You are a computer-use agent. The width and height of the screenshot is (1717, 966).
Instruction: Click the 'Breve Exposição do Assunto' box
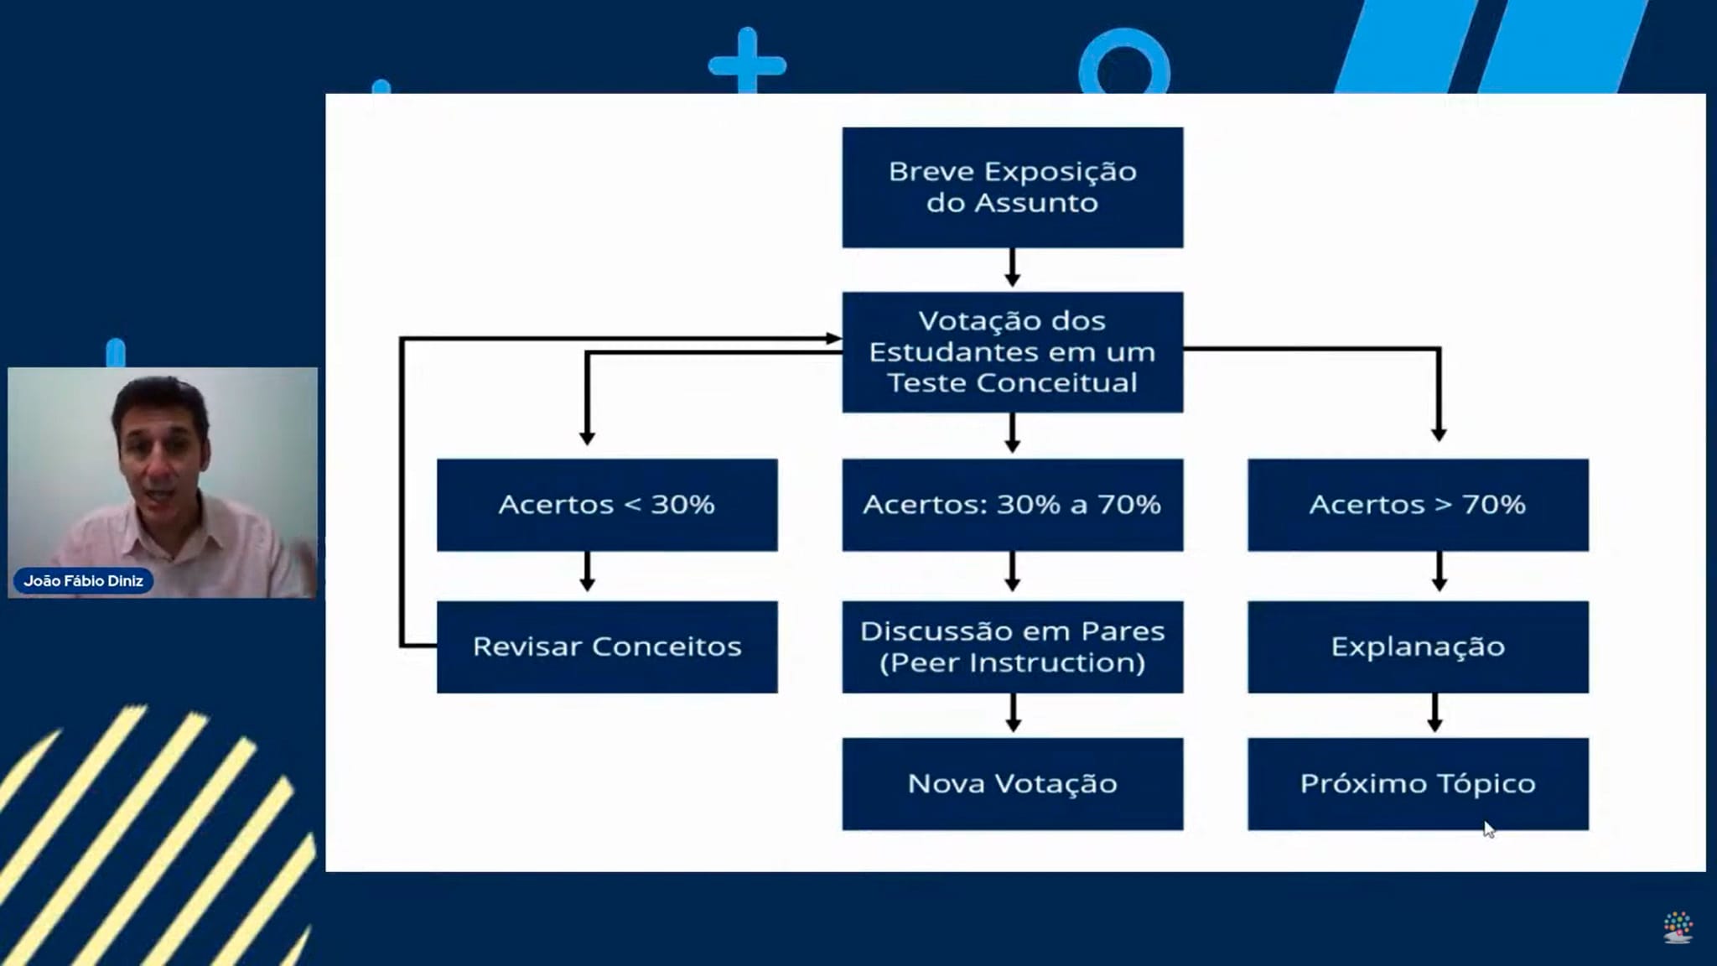click(1012, 187)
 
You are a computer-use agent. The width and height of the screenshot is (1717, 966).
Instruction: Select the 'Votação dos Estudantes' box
click(1012, 351)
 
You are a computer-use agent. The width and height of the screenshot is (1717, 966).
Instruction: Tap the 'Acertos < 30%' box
click(606, 504)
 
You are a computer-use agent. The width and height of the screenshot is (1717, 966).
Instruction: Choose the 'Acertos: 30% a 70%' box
click(1012, 504)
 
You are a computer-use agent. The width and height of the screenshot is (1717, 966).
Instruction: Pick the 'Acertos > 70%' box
click(1417, 504)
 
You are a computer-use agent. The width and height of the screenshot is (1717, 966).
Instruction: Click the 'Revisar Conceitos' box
click(606, 647)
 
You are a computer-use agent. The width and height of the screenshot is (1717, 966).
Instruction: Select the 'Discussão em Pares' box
click(1012, 647)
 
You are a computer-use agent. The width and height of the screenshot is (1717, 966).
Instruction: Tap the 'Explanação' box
click(1417, 647)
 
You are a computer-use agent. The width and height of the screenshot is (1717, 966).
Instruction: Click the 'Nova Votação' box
click(1012, 783)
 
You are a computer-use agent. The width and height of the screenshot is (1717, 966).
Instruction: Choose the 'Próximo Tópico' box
click(1417, 783)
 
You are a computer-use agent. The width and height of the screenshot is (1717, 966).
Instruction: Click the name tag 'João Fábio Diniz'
click(83, 580)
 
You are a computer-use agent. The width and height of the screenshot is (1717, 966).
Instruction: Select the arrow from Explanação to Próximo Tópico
click(1434, 714)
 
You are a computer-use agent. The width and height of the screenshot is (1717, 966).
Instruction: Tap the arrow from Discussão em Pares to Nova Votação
click(1013, 714)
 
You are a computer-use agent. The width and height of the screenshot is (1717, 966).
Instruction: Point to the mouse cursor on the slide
click(1488, 829)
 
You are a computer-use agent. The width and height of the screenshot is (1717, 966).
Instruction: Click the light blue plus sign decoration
click(747, 63)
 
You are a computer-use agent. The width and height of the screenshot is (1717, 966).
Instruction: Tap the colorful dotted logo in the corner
click(1678, 927)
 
